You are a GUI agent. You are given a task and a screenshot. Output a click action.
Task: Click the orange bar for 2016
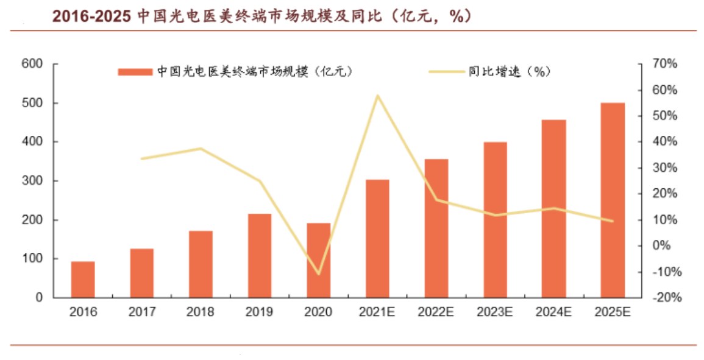click(x=83, y=280)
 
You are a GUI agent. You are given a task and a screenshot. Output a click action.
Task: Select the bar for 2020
click(x=318, y=260)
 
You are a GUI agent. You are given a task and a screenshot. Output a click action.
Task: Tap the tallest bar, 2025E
click(x=613, y=200)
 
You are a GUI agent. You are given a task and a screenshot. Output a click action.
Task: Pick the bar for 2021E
click(x=377, y=239)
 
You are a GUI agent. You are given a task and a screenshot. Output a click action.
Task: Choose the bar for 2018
click(x=201, y=264)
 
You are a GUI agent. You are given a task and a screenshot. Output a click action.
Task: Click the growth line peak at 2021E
click(x=377, y=96)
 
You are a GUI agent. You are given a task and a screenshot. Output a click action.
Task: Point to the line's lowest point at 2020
click(x=318, y=274)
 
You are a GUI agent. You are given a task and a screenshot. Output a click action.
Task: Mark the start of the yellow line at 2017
click(x=142, y=158)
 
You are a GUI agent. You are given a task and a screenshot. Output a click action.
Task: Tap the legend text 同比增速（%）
click(x=510, y=72)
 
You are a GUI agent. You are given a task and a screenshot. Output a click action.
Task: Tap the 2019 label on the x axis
click(x=259, y=312)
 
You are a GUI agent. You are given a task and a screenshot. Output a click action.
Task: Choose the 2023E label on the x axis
click(x=494, y=312)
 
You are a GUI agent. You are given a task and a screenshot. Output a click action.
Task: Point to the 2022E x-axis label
click(x=436, y=312)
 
